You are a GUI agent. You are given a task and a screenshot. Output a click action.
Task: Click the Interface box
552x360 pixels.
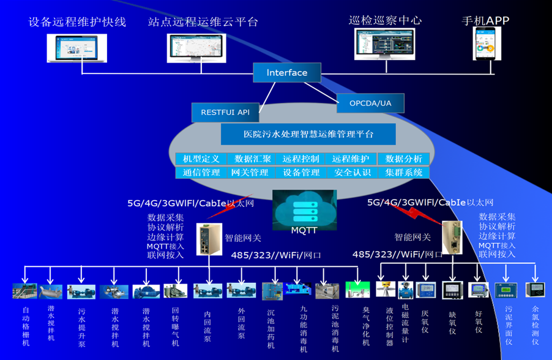(287, 73)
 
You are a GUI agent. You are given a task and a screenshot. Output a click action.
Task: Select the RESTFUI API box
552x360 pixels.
(225, 112)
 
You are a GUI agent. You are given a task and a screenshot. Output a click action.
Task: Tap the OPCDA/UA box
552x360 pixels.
(370, 103)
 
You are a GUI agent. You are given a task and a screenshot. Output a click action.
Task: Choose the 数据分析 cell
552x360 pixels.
(403, 159)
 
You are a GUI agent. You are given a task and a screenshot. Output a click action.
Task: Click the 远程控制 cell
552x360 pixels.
(301, 159)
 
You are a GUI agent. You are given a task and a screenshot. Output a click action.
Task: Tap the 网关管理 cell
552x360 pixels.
(250, 173)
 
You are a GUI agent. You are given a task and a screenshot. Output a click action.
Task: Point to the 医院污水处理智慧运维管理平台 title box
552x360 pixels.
(308, 133)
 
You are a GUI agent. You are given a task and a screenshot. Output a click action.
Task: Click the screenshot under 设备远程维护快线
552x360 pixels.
(77, 48)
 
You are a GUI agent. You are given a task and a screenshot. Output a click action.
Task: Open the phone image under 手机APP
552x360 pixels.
(483, 44)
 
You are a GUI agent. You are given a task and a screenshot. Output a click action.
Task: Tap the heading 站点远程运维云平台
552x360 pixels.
(203, 22)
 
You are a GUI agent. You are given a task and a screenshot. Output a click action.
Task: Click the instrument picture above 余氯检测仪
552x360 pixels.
(536, 289)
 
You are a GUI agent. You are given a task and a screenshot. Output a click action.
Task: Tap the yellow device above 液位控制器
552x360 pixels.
(385, 290)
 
